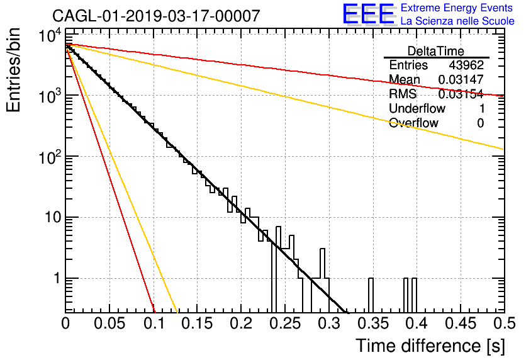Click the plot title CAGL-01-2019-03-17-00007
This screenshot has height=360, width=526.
click(x=156, y=16)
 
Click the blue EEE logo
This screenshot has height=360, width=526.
click(x=369, y=14)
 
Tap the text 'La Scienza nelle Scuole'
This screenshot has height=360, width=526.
click(x=457, y=21)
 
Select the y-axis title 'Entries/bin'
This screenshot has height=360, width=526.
click(x=14, y=70)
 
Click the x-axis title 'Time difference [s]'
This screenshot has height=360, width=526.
click(x=430, y=346)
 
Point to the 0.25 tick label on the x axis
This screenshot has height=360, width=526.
click(x=285, y=323)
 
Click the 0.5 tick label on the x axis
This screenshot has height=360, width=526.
click(x=504, y=323)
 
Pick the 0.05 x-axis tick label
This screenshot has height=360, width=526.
click(x=109, y=323)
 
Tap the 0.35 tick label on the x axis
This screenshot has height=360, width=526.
click(x=373, y=323)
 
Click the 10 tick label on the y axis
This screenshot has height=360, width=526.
click(x=53, y=217)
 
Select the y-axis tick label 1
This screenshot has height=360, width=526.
click(x=57, y=278)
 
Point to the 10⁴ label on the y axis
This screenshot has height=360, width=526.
click(x=50, y=35)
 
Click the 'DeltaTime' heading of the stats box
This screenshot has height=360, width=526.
click(x=436, y=51)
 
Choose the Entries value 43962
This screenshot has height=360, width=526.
click(x=466, y=65)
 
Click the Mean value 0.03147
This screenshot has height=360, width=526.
click(x=461, y=79)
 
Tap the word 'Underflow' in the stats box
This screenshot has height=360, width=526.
click(x=417, y=108)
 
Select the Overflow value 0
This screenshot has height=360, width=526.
click(x=480, y=123)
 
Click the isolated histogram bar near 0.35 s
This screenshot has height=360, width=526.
click(x=371, y=295)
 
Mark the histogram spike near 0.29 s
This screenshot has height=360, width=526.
click(x=322, y=263)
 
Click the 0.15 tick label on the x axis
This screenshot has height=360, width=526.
click(x=198, y=323)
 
